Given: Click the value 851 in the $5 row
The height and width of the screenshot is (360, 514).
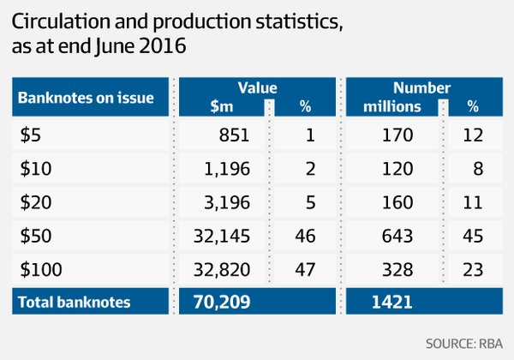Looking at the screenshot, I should coord(235,135).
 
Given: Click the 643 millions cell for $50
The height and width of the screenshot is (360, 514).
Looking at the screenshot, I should coord(398,237).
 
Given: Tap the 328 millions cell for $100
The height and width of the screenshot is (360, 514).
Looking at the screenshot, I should coord(398,270).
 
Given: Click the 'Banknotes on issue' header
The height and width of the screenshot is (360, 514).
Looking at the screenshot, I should coord(86,98).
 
